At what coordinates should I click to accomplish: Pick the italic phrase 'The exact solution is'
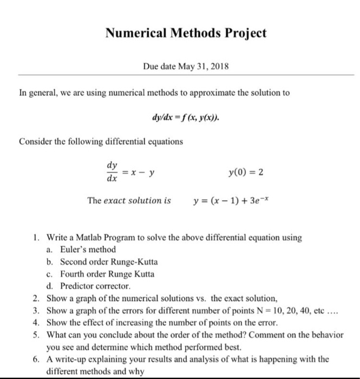click(x=129, y=201)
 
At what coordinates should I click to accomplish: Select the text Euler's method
click(x=88, y=250)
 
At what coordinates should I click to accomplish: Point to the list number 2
click(x=35, y=298)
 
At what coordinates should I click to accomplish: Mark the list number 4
click(x=35, y=323)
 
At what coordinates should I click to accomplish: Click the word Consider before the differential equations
click(x=36, y=142)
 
